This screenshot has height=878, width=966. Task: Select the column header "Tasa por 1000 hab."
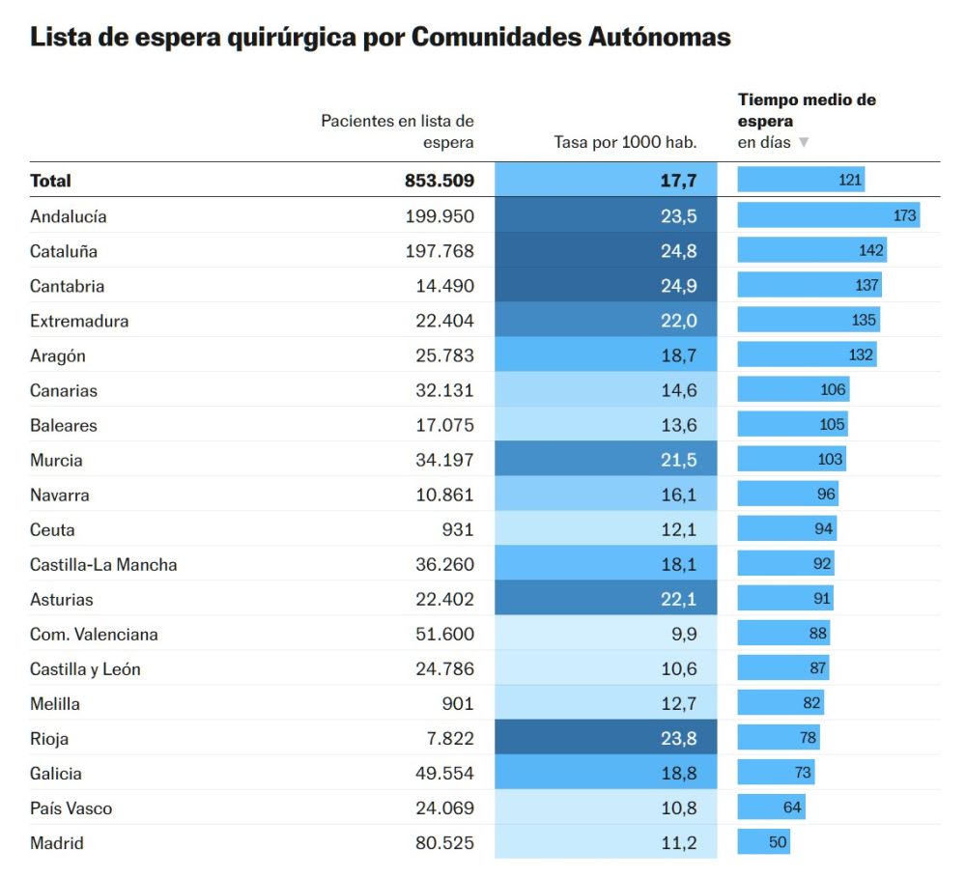pyautogui.click(x=625, y=142)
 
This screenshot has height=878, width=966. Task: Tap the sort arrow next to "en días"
pyautogui.click(x=803, y=142)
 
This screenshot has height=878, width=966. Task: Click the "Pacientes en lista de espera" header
pyautogui.click(x=397, y=131)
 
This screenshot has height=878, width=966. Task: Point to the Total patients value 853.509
pyautogui.click(x=440, y=181)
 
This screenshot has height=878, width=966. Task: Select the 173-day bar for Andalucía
pyautogui.click(x=828, y=215)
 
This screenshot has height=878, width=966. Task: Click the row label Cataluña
pyautogui.click(x=64, y=251)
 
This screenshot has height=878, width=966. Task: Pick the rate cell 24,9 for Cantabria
pyautogui.click(x=606, y=286)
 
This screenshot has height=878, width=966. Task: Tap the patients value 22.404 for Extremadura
pyautogui.click(x=440, y=321)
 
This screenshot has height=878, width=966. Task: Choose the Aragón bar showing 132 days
pyautogui.click(x=807, y=355)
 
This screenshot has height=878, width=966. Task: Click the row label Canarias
pyautogui.click(x=64, y=390)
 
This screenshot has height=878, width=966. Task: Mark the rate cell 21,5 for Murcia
pyautogui.click(x=606, y=460)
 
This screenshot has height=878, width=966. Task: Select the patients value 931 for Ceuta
pyautogui.click(x=458, y=529)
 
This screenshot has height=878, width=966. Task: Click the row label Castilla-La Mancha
pyautogui.click(x=103, y=564)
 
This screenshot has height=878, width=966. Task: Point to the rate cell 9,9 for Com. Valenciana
pyautogui.click(x=606, y=634)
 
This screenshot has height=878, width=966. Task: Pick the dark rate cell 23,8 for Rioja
pyautogui.click(x=606, y=738)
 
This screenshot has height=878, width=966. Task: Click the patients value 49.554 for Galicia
pyautogui.click(x=440, y=773)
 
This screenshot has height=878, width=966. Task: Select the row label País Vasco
pyautogui.click(x=71, y=807)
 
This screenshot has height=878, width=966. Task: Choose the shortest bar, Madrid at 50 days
pyautogui.click(x=764, y=842)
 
